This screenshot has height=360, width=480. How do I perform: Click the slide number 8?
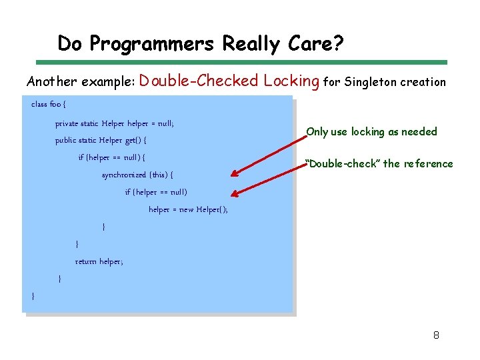point(436,335)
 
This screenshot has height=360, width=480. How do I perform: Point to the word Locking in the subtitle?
point(291,81)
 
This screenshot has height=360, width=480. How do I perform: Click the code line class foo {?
point(49,105)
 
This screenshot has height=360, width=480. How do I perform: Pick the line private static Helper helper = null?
point(115,123)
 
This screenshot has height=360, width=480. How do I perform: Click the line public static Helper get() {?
point(101,141)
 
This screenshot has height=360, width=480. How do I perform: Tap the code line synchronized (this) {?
point(137,175)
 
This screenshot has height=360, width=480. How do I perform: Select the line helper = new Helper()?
point(188,209)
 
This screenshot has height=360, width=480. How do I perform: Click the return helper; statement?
point(99,261)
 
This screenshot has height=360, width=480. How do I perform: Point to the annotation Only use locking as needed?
point(371,131)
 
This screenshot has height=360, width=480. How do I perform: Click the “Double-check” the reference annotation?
point(379,164)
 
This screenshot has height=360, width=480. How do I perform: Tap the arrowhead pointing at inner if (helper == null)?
point(235,194)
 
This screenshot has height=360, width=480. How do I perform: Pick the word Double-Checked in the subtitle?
point(199,81)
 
